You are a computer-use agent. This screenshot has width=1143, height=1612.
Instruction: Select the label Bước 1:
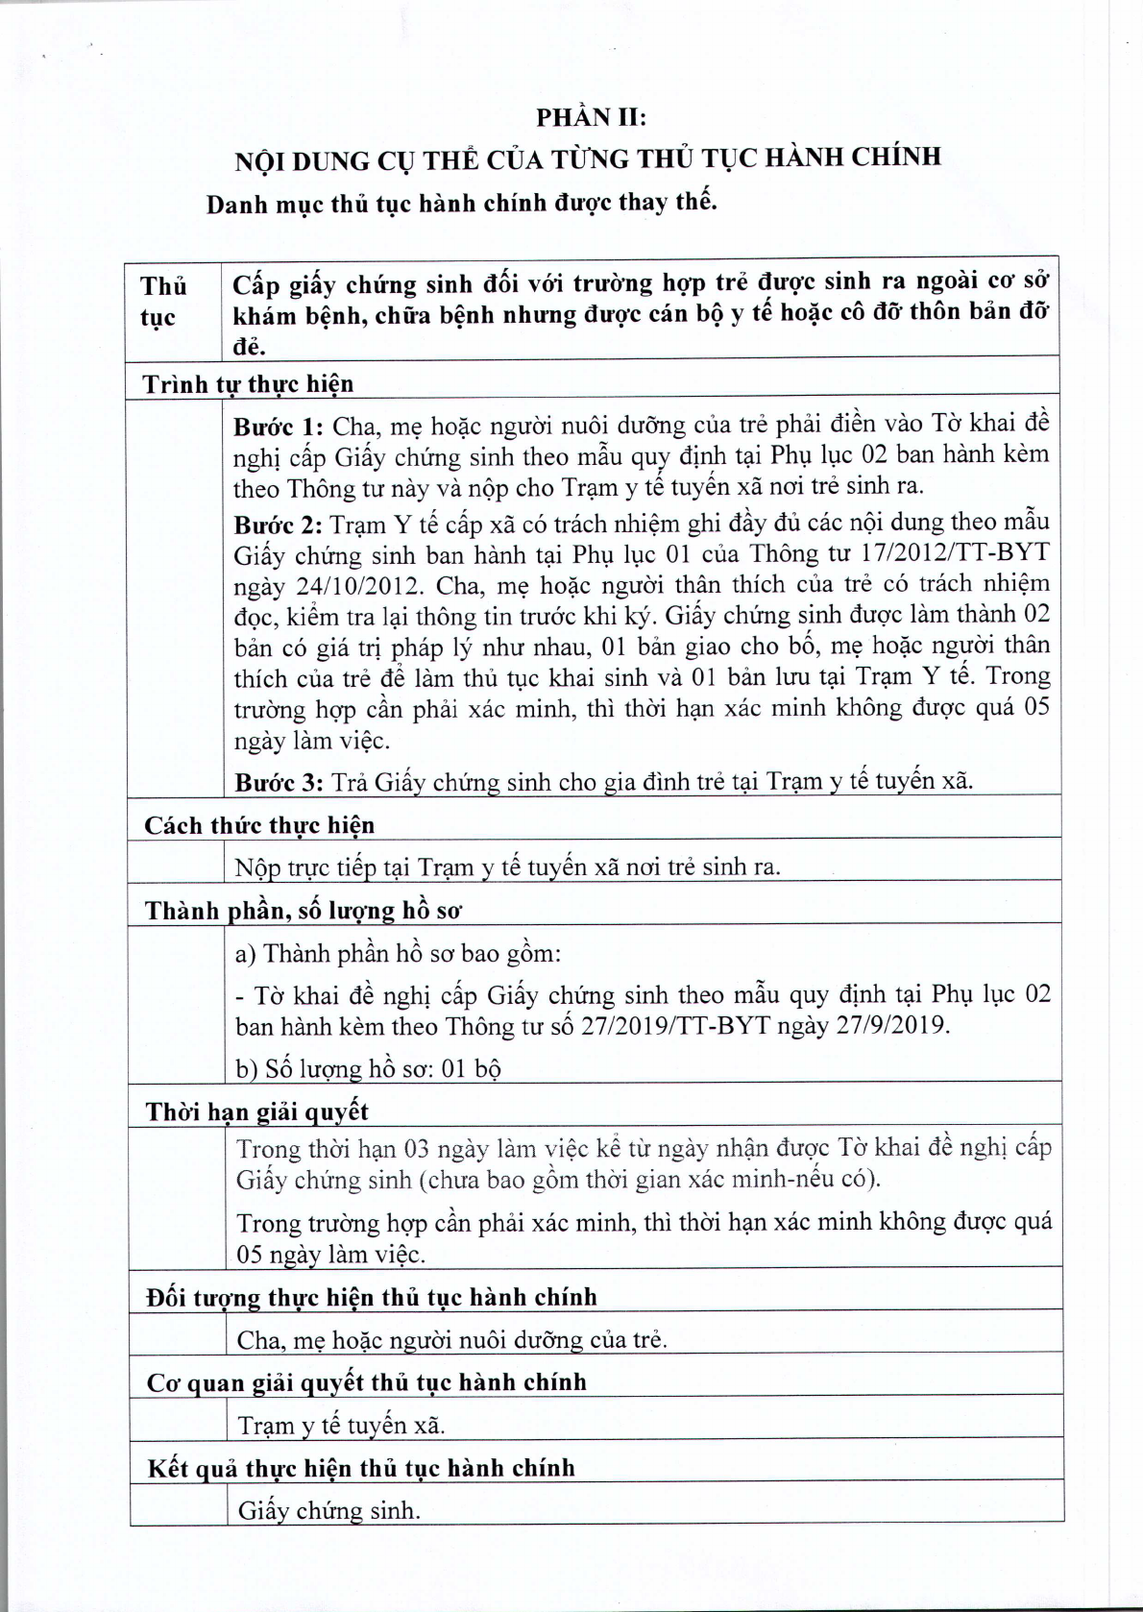pyautogui.click(x=280, y=427)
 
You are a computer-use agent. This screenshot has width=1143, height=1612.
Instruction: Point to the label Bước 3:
pyautogui.click(x=280, y=782)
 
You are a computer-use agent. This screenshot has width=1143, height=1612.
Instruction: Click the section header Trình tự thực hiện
pyautogui.click(x=248, y=384)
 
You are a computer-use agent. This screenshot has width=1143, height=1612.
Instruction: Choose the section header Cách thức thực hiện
pyautogui.click(x=259, y=825)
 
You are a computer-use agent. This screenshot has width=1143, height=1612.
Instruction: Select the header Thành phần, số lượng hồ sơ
pyautogui.click(x=304, y=911)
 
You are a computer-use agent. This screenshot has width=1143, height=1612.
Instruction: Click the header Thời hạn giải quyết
pyautogui.click(x=256, y=1112)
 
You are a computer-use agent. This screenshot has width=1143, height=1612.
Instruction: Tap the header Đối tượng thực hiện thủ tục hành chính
pyautogui.click(x=372, y=1298)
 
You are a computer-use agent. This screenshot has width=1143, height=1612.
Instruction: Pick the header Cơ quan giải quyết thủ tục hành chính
pyautogui.click(x=366, y=1382)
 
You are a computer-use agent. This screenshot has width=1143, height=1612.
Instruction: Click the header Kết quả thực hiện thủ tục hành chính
pyautogui.click(x=361, y=1468)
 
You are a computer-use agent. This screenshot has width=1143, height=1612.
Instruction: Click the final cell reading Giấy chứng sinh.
pyautogui.click(x=329, y=1510)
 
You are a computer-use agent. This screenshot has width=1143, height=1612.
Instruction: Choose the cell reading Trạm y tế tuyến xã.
pyautogui.click(x=341, y=1425)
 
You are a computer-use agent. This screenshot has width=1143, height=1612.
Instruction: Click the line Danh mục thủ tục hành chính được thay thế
pyautogui.click(x=462, y=204)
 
